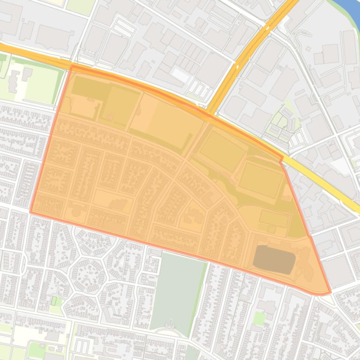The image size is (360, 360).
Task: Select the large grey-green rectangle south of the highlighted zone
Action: pyautogui.click(x=178, y=290)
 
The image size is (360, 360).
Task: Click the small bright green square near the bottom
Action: pyautogui.click(x=259, y=319)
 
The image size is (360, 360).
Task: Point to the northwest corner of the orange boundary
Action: pyautogui.click(x=72, y=67)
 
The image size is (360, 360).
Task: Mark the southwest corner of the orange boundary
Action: pyautogui.click(x=31, y=212)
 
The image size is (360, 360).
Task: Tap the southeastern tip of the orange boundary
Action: pyautogui.click(x=330, y=293)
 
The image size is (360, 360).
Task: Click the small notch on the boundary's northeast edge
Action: pyautogui.click(x=281, y=160)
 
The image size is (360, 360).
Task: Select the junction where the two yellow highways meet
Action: pyautogui.click(x=211, y=112)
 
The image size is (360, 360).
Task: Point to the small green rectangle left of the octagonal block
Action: pyautogui.click(x=56, y=301)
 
